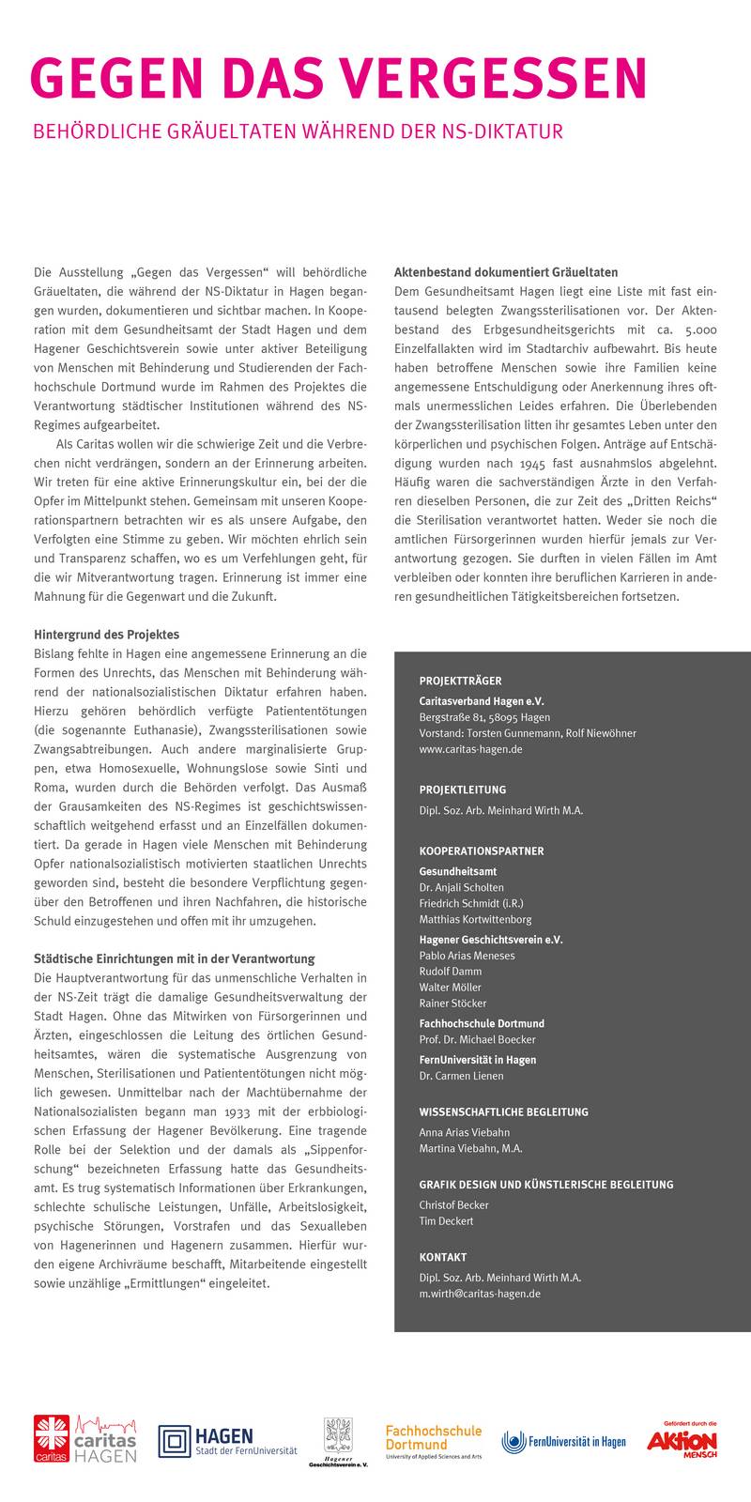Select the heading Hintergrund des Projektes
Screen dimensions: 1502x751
click(x=106, y=635)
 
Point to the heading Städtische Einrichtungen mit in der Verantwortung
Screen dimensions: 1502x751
click(x=174, y=958)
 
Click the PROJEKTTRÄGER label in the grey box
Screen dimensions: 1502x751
click(x=460, y=681)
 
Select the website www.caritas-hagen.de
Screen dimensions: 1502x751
click(x=470, y=749)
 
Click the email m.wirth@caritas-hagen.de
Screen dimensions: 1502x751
click(x=480, y=1294)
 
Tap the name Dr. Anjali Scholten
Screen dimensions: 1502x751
click(x=461, y=887)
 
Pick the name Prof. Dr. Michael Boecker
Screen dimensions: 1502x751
click(x=477, y=1039)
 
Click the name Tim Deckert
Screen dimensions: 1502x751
click(x=446, y=1221)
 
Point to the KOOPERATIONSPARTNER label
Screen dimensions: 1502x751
click(x=482, y=851)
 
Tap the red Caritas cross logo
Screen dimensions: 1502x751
click(x=52, y=1438)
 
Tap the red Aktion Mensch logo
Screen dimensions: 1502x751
click(x=682, y=1439)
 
